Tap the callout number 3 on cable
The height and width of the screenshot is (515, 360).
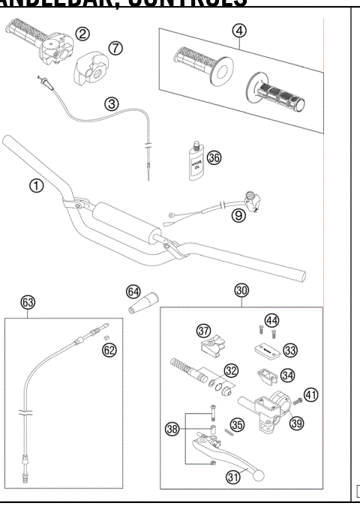pyautogui.click(x=111, y=104)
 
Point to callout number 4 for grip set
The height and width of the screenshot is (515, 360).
pyautogui.click(x=238, y=31)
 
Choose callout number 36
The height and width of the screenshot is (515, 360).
pyautogui.click(x=214, y=157)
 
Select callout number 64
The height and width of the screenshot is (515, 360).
pyautogui.click(x=133, y=291)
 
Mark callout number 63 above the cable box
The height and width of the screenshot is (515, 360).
pyautogui.click(x=28, y=303)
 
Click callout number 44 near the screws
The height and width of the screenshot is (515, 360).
pyautogui.click(x=273, y=321)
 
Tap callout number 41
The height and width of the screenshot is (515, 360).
pyautogui.click(x=311, y=394)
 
